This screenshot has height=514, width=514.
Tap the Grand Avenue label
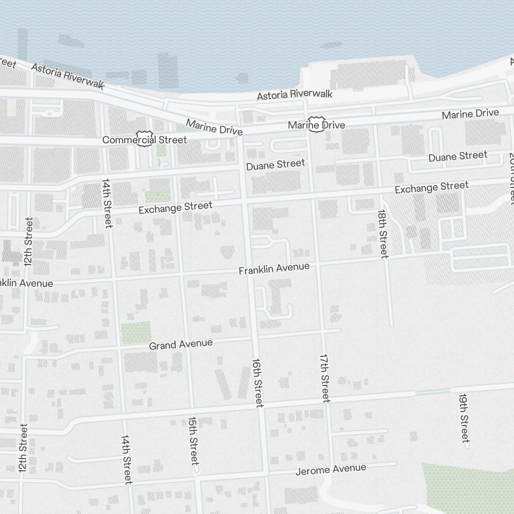(x=180, y=344)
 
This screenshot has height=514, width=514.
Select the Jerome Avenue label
(x=331, y=469)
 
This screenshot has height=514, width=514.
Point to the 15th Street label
(x=193, y=440)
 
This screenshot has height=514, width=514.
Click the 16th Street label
(x=258, y=382)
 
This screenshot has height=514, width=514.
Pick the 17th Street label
(x=324, y=378)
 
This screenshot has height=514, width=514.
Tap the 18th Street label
(x=383, y=233)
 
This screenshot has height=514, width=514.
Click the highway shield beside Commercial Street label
(x=144, y=137)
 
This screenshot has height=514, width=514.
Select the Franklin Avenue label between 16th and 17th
(x=274, y=268)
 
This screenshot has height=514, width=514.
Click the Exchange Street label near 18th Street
(x=431, y=187)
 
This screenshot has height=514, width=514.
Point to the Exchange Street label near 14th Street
(x=175, y=208)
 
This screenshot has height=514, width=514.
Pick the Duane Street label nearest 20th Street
(x=457, y=156)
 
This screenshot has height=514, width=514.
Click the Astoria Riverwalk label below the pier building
(x=295, y=95)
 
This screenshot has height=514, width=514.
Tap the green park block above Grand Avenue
(x=136, y=333)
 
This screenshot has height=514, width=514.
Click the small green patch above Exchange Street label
(x=157, y=197)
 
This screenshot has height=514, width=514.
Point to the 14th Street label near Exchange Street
(x=107, y=203)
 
